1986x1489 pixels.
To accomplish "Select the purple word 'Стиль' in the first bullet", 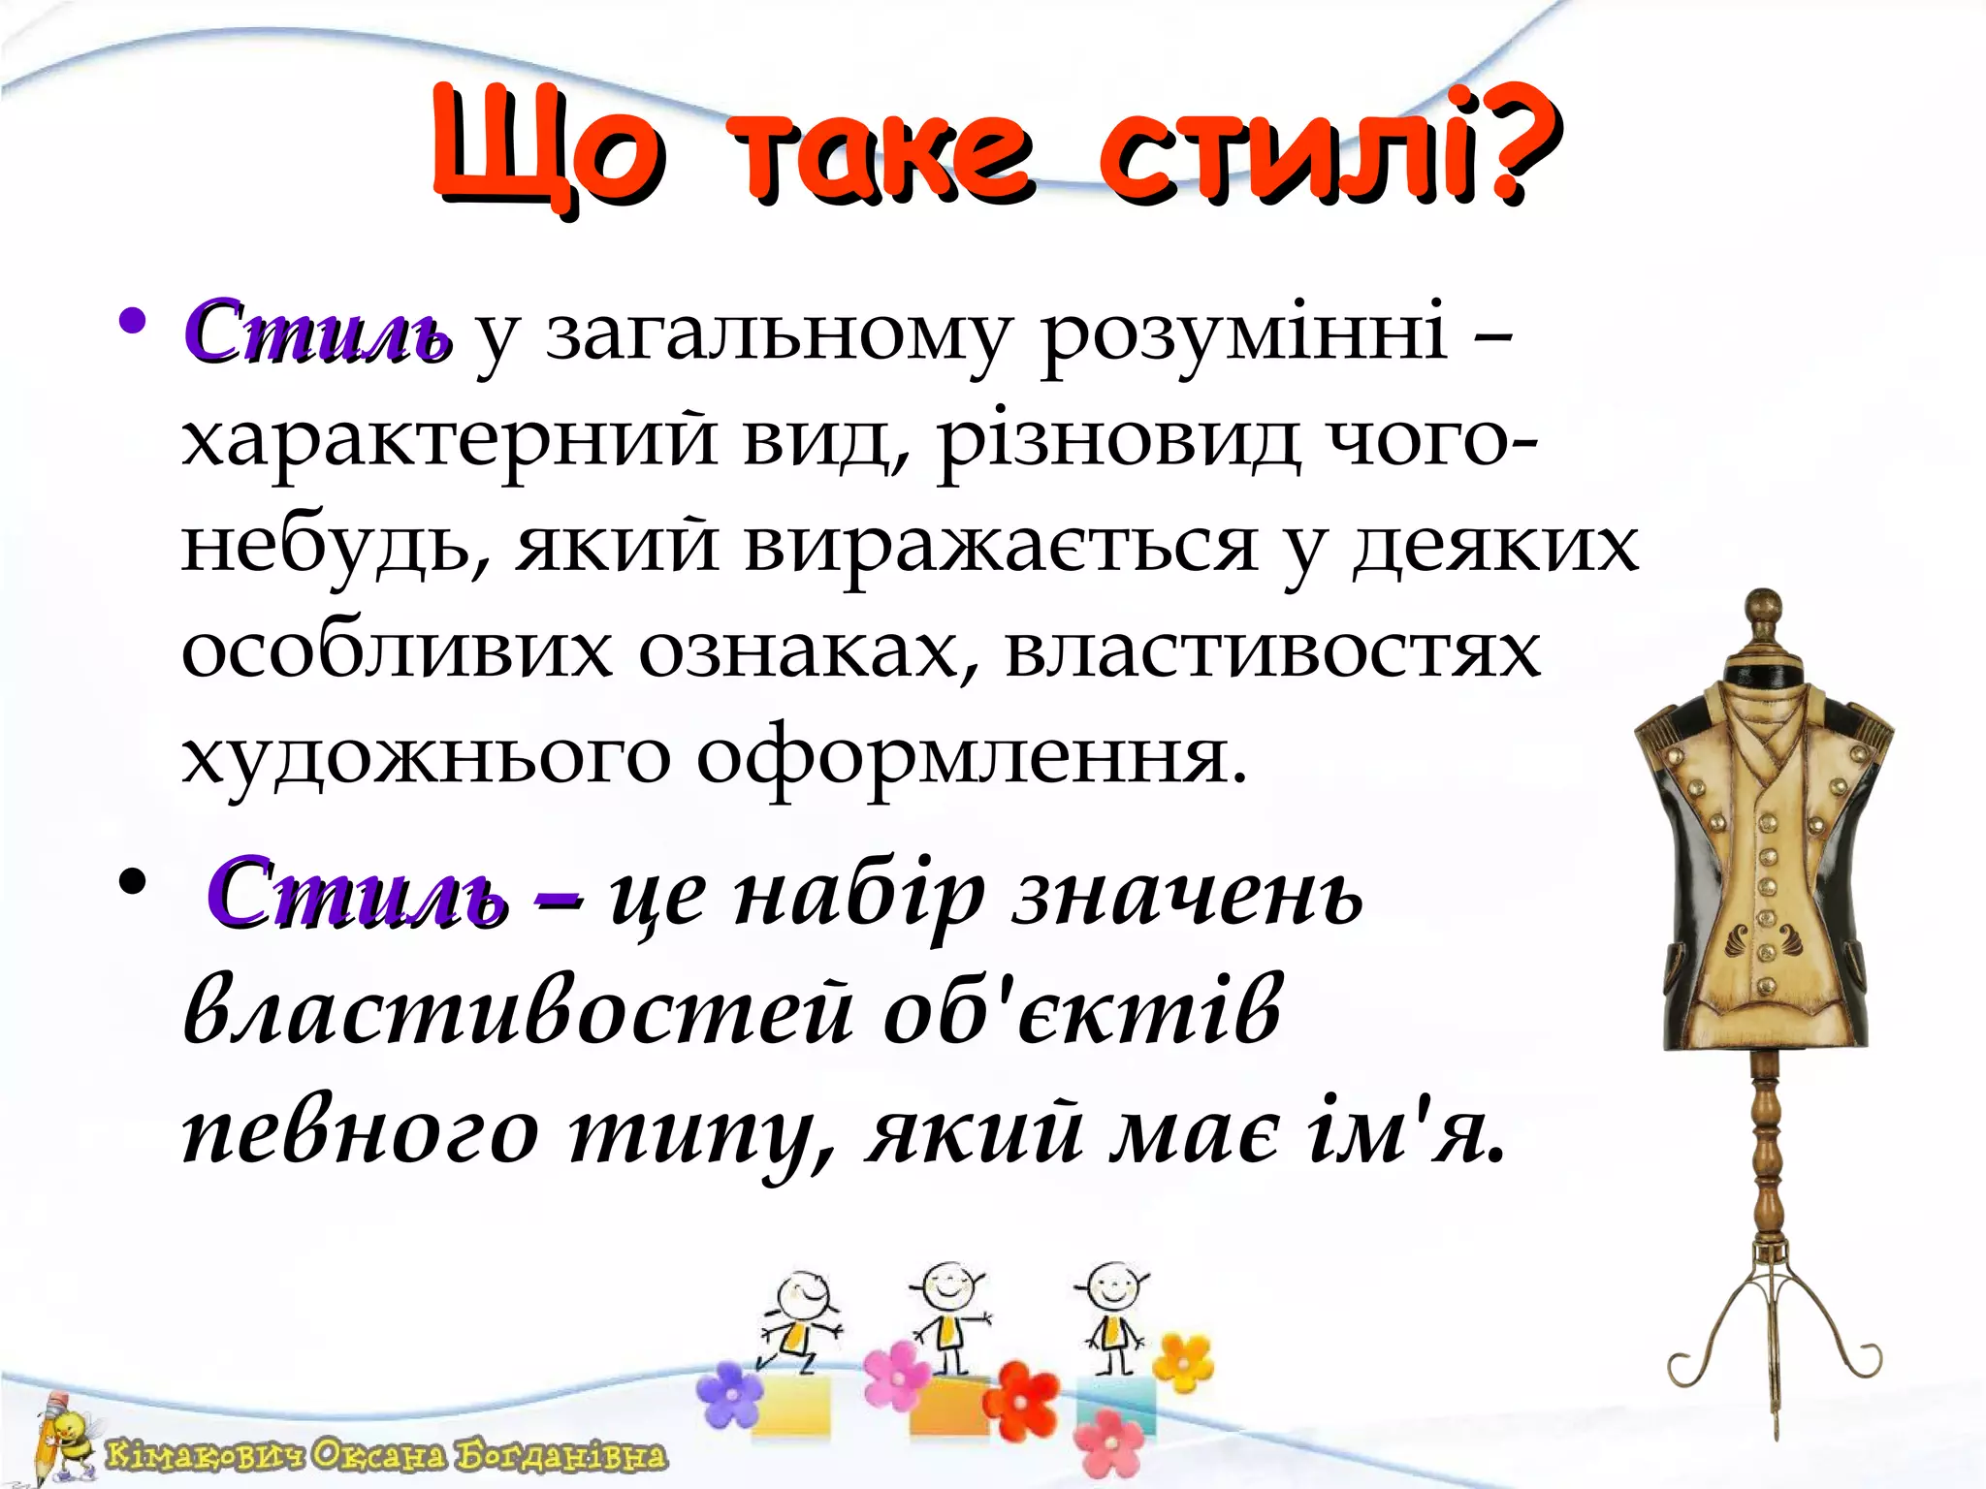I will coord(316,333).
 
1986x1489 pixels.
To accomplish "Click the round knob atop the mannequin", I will coord(1763,611).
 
